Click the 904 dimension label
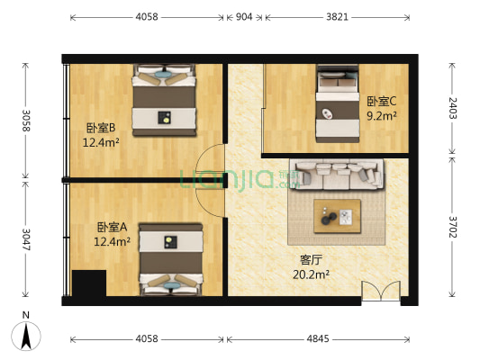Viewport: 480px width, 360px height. tap(244, 17)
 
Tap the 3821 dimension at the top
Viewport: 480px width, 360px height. tap(337, 17)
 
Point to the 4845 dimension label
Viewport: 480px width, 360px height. tap(318, 338)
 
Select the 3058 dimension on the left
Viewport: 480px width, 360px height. tap(26, 121)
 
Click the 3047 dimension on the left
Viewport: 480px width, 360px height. tap(26, 239)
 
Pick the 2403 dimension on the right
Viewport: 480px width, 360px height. tap(452, 108)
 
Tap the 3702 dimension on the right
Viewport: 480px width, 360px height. tap(452, 227)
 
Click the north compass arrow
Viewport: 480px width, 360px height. tap(26, 336)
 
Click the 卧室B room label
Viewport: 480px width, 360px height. tap(101, 128)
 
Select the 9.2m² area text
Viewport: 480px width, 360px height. tap(382, 116)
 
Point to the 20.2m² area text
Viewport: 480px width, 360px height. tap(311, 274)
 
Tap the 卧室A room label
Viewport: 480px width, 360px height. tap(112, 228)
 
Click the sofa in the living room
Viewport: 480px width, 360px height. tap(337, 175)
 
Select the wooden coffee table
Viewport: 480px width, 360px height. tap(338, 216)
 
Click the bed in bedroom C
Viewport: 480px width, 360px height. tap(338, 103)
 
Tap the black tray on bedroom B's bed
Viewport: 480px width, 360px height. tap(165, 118)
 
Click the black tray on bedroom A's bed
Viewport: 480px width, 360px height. tap(170, 242)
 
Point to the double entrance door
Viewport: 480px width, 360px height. tap(381, 292)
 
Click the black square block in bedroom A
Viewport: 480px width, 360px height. tap(89, 283)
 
